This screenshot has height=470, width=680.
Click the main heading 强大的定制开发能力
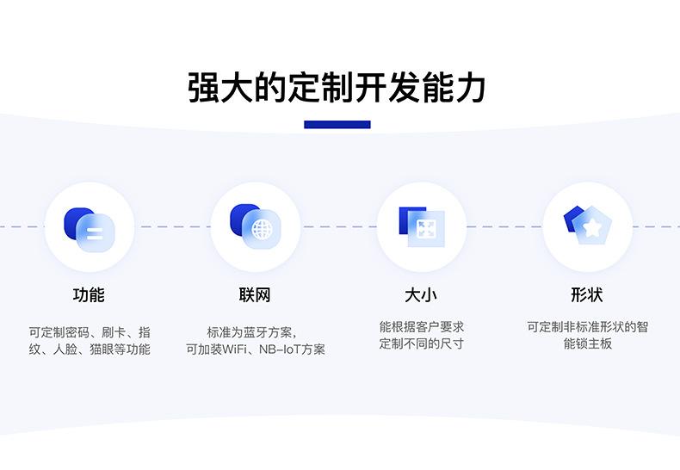pyautogui.click(x=337, y=89)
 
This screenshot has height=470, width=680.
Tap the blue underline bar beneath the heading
pyautogui.click(x=337, y=125)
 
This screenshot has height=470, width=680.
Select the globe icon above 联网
pyautogui.click(x=255, y=226)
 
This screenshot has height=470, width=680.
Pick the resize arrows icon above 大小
pyautogui.click(x=422, y=226)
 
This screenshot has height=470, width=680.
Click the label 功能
pyautogui.click(x=89, y=295)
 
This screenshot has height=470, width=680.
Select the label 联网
pyautogui.click(x=255, y=295)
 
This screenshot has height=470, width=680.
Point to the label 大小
pyautogui.click(x=421, y=295)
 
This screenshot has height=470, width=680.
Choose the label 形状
pyautogui.click(x=587, y=295)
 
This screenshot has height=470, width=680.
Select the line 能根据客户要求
pyautogui.click(x=421, y=327)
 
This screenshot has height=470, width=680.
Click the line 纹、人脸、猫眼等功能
pyautogui.click(x=89, y=349)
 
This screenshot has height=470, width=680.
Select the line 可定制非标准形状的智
pyautogui.click(x=587, y=327)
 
